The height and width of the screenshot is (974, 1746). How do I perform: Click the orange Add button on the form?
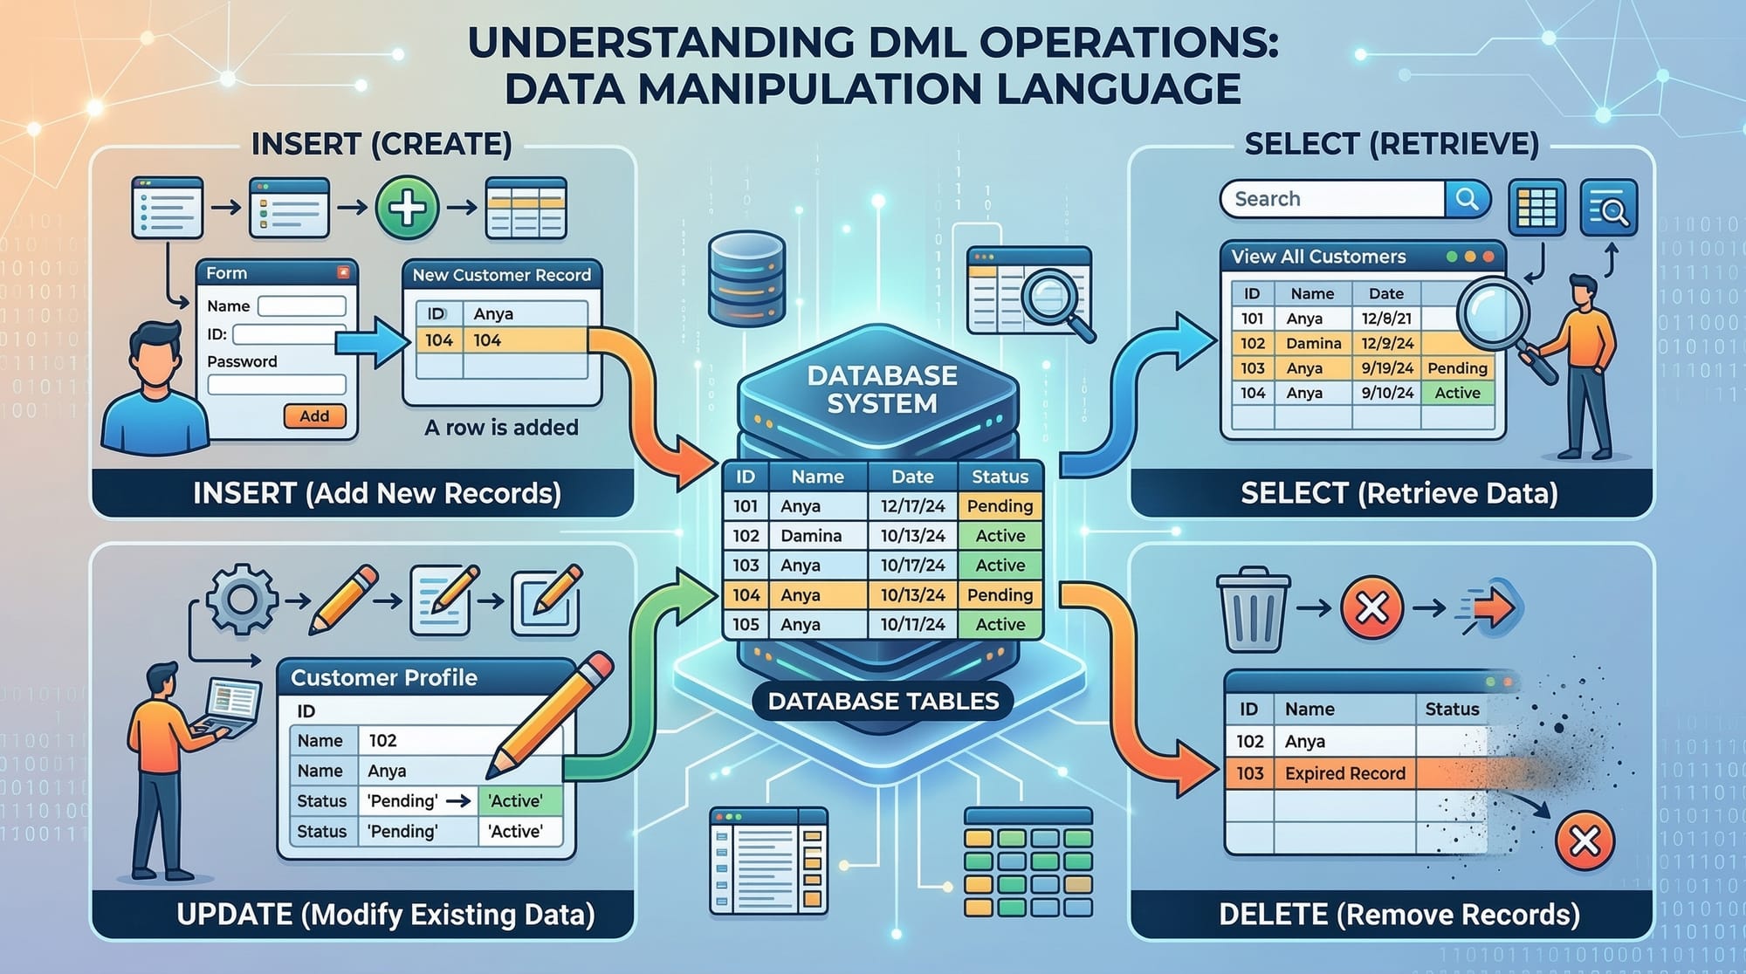[314, 416]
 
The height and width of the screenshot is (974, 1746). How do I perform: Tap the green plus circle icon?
[407, 208]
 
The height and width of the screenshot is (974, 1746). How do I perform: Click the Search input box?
[1333, 199]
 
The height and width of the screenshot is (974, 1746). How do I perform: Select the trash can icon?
[1253, 608]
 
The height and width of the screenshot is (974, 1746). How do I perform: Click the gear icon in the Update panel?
[242, 599]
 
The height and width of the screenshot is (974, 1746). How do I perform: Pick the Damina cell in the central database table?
[811, 536]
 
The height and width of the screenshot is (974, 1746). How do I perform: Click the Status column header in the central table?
[1000, 477]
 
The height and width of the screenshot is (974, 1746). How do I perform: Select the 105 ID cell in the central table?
[746, 625]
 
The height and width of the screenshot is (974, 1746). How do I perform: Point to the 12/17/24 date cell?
[912, 506]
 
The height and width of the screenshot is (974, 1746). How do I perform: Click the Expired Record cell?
[1344, 773]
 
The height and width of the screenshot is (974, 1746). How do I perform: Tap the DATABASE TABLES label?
[883, 701]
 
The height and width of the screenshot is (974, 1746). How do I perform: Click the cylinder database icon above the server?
[747, 278]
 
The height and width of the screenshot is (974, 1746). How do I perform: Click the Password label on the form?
[242, 361]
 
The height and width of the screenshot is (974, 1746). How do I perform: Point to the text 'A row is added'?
[501, 428]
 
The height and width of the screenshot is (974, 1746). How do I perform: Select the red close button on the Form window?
[343, 273]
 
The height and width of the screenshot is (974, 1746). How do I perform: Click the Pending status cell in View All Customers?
[1457, 368]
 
